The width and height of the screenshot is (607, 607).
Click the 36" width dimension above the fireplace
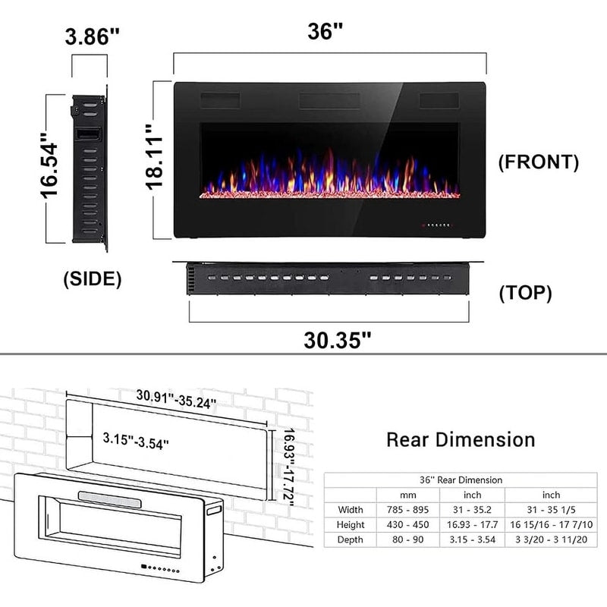(326, 32)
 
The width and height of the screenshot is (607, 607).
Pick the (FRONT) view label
(538, 162)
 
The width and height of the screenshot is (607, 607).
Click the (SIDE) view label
(93, 278)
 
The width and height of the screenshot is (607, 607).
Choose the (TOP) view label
(525, 294)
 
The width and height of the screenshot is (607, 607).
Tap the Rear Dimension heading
(461, 439)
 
